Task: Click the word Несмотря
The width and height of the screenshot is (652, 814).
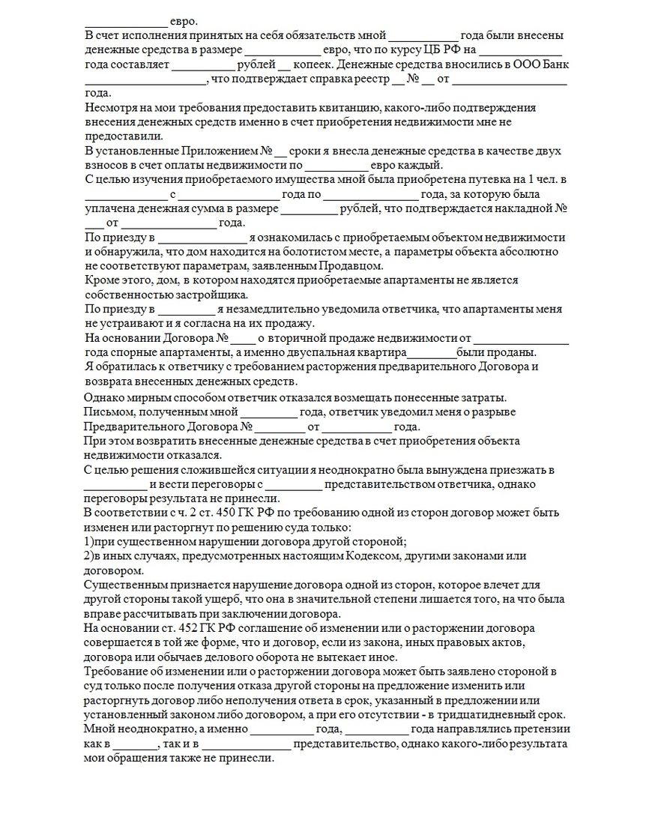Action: coord(109,108)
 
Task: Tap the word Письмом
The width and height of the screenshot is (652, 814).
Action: coord(108,411)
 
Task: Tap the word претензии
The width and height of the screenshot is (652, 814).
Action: coord(545,729)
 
